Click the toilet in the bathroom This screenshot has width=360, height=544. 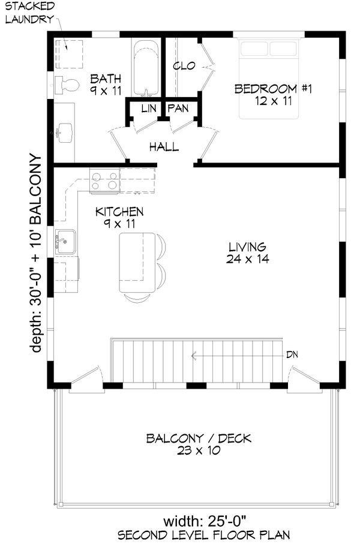[x=67, y=86]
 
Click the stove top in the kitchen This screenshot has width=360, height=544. [x=104, y=180]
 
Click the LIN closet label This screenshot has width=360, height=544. [x=148, y=109]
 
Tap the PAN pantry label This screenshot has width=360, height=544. [x=178, y=109]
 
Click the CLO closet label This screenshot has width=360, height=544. [x=184, y=65]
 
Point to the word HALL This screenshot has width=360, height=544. [x=164, y=146]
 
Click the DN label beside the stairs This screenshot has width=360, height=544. [x=293, y=354]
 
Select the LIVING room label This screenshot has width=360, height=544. [x=247, y=247]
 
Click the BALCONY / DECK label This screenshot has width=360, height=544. [x=199, y=438]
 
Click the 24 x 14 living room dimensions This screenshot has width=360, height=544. [x=247, y=260]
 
